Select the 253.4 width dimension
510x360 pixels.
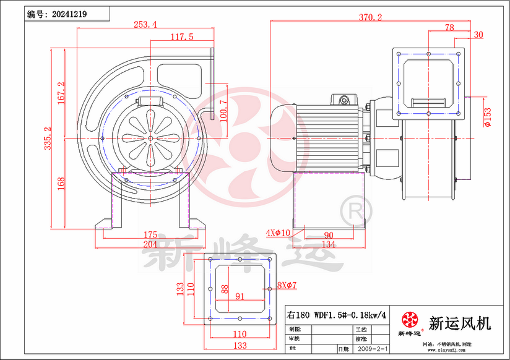[x=145, y=25]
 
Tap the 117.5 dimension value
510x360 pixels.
[x=182, y=37]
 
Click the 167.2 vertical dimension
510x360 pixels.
[x=61, y=93]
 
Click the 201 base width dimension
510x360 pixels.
[x=150, y=245]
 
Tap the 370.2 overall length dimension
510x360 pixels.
[x=370, y=18]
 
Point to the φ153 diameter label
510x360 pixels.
[x=488, y=116]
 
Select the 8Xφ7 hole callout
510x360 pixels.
[x=287, y=285]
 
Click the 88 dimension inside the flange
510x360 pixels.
[x=225, y=288]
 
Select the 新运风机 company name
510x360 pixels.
[x=459, y=322]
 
